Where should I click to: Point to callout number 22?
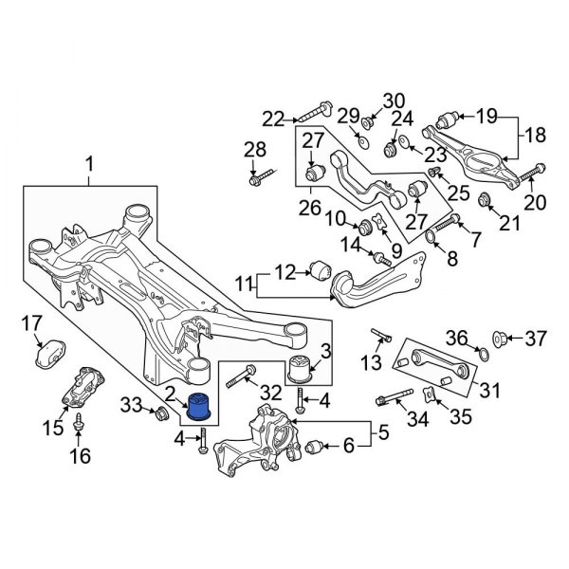[273, 119]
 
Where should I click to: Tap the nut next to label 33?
[162, 413]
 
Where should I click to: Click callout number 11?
[244, 282]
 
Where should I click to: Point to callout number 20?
[536, 201]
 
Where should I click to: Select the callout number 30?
[393, 100]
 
